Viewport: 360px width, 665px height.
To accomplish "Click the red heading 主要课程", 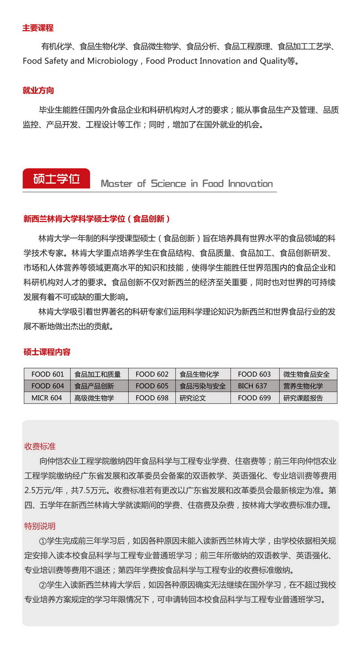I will (38, 28).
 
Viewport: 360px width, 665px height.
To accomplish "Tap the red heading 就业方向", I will (38, 90).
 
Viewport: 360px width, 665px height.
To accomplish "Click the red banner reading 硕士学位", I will (56, 179).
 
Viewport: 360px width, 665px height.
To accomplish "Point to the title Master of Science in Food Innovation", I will (186, 184).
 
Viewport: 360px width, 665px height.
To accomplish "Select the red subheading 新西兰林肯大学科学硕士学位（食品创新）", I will (97, 219).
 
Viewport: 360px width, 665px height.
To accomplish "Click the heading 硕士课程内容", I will (47, 352).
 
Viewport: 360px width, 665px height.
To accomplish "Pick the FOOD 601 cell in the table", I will (47, 374).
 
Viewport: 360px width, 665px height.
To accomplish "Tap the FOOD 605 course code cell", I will (152, 386).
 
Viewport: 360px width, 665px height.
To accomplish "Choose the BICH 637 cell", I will (252, 386).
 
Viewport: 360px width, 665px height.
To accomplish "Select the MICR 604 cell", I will (47, 398).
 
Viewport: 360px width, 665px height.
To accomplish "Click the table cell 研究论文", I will (193, 398).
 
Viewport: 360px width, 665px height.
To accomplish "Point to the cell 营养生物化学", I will (303, 386).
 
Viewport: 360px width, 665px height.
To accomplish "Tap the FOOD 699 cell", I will (254, 398).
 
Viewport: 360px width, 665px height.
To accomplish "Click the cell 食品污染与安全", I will (202, 386).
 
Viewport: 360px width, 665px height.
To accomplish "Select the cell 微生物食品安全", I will (306, 374).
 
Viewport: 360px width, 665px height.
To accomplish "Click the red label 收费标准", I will (40, 446).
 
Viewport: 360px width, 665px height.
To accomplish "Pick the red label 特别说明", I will (40, 526).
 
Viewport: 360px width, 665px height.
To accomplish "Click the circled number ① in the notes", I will (43, 541).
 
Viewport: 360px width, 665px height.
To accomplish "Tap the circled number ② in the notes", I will (43, 585).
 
